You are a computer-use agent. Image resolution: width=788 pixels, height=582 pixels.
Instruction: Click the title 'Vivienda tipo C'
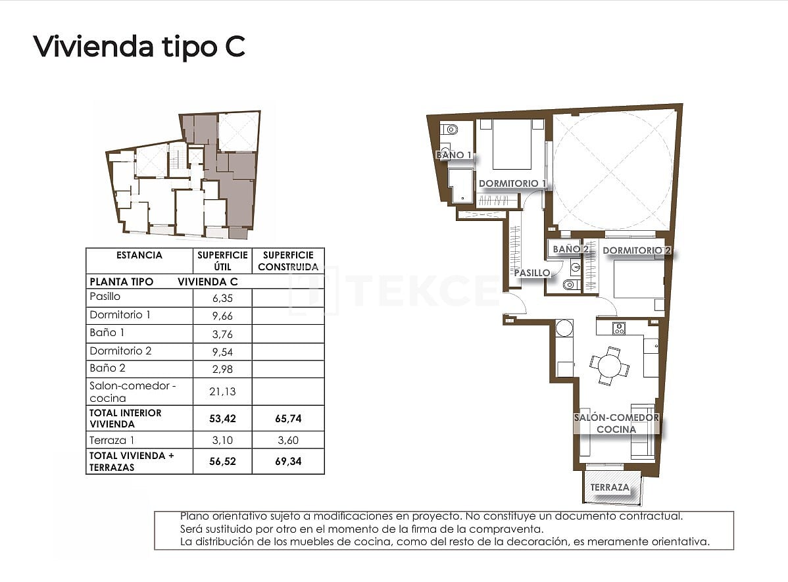coord(139,46)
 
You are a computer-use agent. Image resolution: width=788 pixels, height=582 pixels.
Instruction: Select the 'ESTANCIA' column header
coord(139,255)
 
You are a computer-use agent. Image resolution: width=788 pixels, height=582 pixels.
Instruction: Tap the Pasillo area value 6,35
coord(222,297)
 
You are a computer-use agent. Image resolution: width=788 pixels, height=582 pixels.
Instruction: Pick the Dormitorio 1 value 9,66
coord(222,316)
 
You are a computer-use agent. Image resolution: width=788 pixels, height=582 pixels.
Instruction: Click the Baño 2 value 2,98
coord(222,369)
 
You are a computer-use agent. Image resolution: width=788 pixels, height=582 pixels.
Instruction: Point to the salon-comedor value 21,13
coord(222,392)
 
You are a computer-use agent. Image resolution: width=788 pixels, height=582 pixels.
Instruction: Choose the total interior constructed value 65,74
coord(288,418)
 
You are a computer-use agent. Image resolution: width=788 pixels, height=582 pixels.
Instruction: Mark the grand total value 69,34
coord(288,462)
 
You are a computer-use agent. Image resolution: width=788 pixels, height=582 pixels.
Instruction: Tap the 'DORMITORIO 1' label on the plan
coord(512,183)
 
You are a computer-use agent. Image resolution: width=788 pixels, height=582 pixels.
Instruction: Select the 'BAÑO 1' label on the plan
coord(454,155)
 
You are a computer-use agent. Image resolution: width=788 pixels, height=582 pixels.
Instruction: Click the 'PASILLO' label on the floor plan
coord(532,272)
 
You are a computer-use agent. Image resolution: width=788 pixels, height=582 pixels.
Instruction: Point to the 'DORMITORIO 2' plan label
coord(636,251)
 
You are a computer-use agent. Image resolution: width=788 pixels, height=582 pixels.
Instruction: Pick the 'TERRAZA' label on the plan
coord(609,488)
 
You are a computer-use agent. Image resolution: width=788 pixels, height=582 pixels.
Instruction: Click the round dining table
coord(609,365)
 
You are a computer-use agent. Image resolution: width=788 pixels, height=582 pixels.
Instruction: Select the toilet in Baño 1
coord(447,129)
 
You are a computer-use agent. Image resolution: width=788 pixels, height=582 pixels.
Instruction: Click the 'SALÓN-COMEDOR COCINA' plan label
coord(616,424)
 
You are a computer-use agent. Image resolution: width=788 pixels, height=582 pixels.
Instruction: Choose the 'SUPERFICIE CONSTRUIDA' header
coord(288,261)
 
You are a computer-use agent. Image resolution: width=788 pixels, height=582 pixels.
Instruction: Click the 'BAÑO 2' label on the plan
coord(566,249)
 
